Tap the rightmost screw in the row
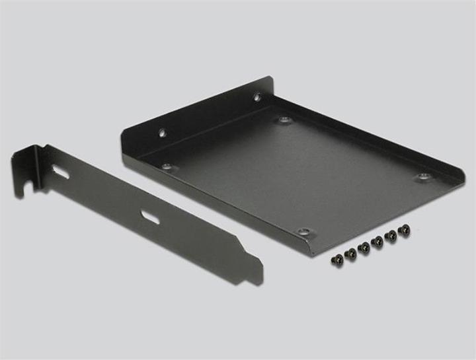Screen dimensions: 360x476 click(405, 229)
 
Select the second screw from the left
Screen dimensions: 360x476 click(350, 252)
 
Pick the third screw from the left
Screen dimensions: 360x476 click(364, 247)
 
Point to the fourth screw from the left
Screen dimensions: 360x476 click(377, 242)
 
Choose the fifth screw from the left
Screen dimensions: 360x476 click(391, 236)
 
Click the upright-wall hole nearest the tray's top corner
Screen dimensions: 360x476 click(257, 97)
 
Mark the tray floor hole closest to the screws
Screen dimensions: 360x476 click(304, 232)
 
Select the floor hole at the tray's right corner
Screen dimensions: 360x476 click(423, 176)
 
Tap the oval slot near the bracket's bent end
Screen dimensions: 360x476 click(61, 172)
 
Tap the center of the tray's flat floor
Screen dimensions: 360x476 click(291, 175)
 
